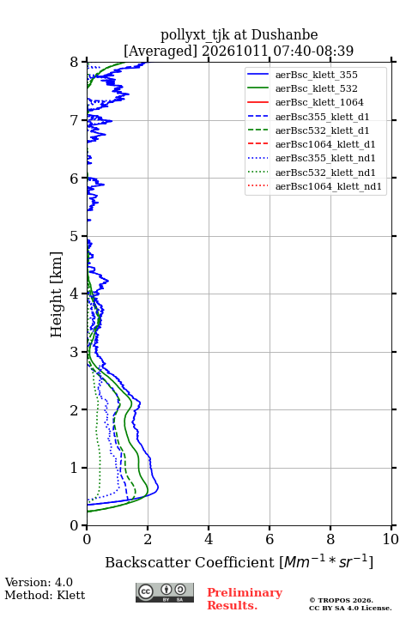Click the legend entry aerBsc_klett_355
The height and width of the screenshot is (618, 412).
pyautogui.click(x=316, y=75)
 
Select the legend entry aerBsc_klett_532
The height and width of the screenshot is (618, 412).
pyautogui.click(x=316, y=88)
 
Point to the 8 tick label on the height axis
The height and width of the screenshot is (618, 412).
pyautogui.click(x=75, y=63)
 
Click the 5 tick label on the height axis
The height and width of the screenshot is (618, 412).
pyautogui.click(x=75, y=236)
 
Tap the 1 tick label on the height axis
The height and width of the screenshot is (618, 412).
pyautogui.click(x=75, y=468)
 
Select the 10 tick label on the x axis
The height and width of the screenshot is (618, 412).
pyautogui.click(x=391, y=539)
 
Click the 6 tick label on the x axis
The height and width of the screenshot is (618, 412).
pyautogui.click(x=270, y=539)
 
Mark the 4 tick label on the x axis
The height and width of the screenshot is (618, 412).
pyautogui.click(x=209, y=539)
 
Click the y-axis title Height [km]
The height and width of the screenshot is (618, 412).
pyautogui.click(x=57, y=294)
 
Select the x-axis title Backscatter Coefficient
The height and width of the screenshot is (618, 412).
pyautogui.click(x=190, y=562)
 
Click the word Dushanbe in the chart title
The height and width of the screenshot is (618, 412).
pyautogui.click(x=285, y=34)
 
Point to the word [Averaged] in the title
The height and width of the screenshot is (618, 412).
pyautogui.click(x=161, y=51)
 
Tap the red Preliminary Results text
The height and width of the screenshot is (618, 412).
pyautogui.click(x=245, y=599)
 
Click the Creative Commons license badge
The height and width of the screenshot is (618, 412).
pyautogui.click(x=165, y=593)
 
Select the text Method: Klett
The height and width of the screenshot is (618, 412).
pyautogui.click(x=45, y=595)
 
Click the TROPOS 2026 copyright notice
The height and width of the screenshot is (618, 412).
pyautogui.click(x=342, y=600)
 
